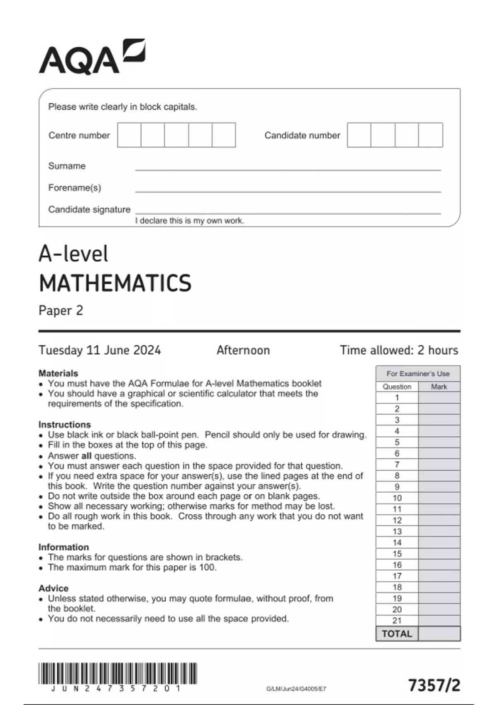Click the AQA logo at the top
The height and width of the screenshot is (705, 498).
92,57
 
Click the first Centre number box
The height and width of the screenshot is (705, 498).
129,135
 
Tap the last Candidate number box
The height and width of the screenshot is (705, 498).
430,135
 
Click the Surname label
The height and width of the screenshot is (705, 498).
67,166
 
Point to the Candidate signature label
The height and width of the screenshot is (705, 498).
89,209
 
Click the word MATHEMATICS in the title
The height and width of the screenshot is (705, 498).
115,283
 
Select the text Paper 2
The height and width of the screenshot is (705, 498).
61,311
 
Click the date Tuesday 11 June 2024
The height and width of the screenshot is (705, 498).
100,350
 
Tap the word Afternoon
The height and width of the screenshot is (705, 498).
243,350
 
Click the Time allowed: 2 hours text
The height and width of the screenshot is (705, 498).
399,350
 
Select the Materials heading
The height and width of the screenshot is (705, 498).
58,373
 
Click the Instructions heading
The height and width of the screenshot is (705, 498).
64,425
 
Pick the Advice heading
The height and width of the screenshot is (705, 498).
54,588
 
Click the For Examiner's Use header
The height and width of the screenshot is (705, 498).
418,374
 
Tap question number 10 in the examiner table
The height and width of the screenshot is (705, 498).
397,498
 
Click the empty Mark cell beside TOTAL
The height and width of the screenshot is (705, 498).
439,634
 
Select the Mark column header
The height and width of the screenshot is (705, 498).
439,387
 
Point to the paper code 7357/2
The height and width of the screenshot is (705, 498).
434,685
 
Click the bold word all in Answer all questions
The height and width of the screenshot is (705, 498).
86,456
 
